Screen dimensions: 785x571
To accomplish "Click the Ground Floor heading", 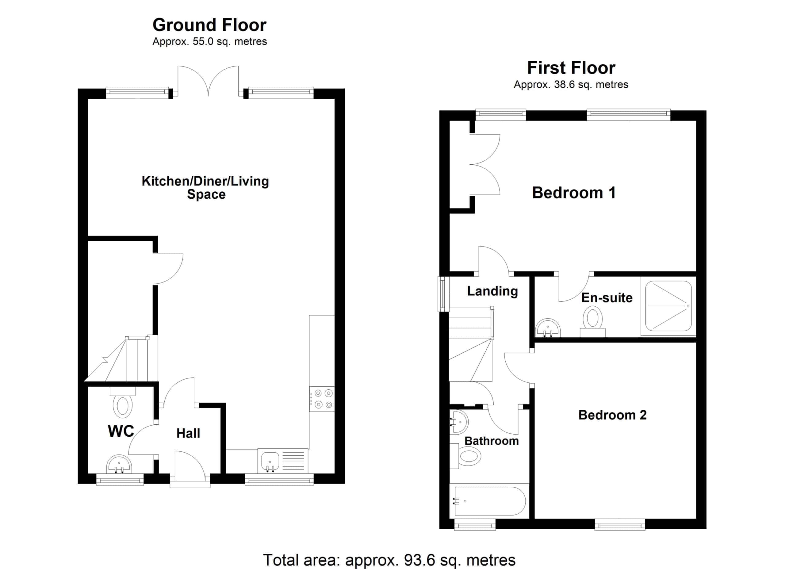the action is coord(209,25).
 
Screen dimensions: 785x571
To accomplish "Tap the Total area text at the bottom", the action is coord(389,560).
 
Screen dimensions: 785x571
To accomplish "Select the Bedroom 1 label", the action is coord(574,193).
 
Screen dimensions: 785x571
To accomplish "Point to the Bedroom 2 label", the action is coord(612,415).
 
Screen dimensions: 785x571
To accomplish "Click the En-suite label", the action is coord(607,297).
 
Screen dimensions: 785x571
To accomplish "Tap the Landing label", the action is coord(492,291).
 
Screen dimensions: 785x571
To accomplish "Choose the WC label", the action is coord(121,431).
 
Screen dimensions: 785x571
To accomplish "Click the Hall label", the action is coord(188,433).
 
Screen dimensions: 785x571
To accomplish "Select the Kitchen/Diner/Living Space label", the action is coord(205,188).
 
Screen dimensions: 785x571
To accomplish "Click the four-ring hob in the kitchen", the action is coord(322,399).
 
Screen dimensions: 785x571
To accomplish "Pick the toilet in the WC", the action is coord(123,402).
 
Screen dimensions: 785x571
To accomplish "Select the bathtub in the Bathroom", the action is coord(489,501).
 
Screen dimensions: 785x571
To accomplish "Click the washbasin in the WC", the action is coord(119,464).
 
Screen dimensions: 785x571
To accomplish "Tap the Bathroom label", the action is coord(492,441).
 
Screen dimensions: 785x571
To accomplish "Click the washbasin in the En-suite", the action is coord(548,328).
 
